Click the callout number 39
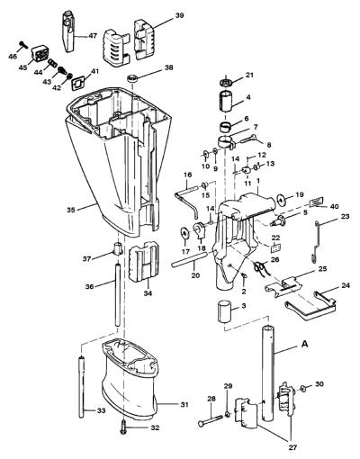[x=179, y=15]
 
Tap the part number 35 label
[x=71, y=210]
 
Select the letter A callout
[x=304, y=345]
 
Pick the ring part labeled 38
[x=132, y=79]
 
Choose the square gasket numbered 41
[x=77, y=83]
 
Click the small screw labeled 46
[x=23, y=45]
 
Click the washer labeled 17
[x=184, y=233]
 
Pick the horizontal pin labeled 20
[x=190, y=259]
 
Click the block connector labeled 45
[x=40, y=53]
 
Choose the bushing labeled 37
[x=117, y=248]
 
